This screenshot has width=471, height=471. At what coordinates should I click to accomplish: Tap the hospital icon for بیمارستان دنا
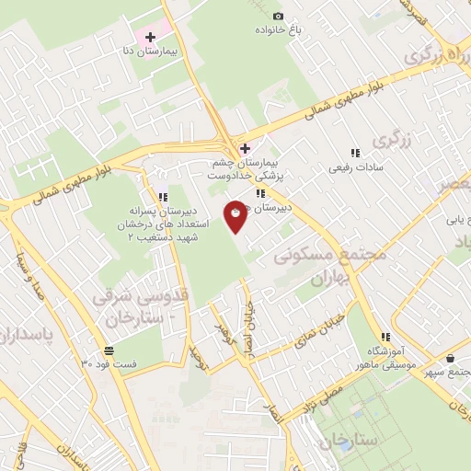[150, 36]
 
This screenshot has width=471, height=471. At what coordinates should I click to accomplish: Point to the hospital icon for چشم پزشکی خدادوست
[244, 148]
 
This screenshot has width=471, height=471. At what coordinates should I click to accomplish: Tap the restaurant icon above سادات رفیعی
[355, 154]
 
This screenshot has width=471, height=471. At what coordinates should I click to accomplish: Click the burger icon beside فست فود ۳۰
[109, 350]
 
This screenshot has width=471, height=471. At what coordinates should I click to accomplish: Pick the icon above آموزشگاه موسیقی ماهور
[385, 337]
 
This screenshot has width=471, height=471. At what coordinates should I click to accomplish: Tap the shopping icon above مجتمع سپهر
[449, 358]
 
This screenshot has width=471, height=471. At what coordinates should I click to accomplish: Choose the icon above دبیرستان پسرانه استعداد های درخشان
[163, 197]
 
